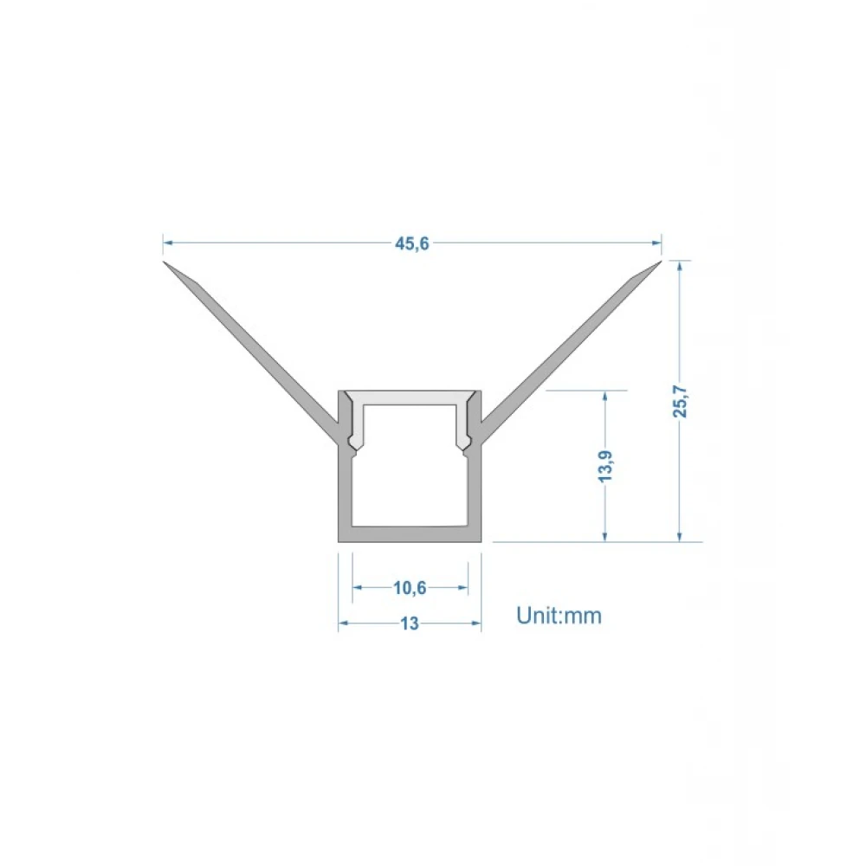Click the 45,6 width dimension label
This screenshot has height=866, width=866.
point(412,243)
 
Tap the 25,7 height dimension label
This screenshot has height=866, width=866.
point(681,401)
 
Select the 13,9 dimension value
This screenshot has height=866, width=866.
point(606,466)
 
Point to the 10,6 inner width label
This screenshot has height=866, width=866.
point(410,588)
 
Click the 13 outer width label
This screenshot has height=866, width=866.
point(410,624)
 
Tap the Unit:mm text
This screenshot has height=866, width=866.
point(559,615)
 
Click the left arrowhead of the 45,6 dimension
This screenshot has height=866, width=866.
point(168,242)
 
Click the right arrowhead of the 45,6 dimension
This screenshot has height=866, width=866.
point(656,242)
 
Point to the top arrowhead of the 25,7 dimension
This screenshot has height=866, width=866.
point(680,266)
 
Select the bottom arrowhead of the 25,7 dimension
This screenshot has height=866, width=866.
point(680,536)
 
